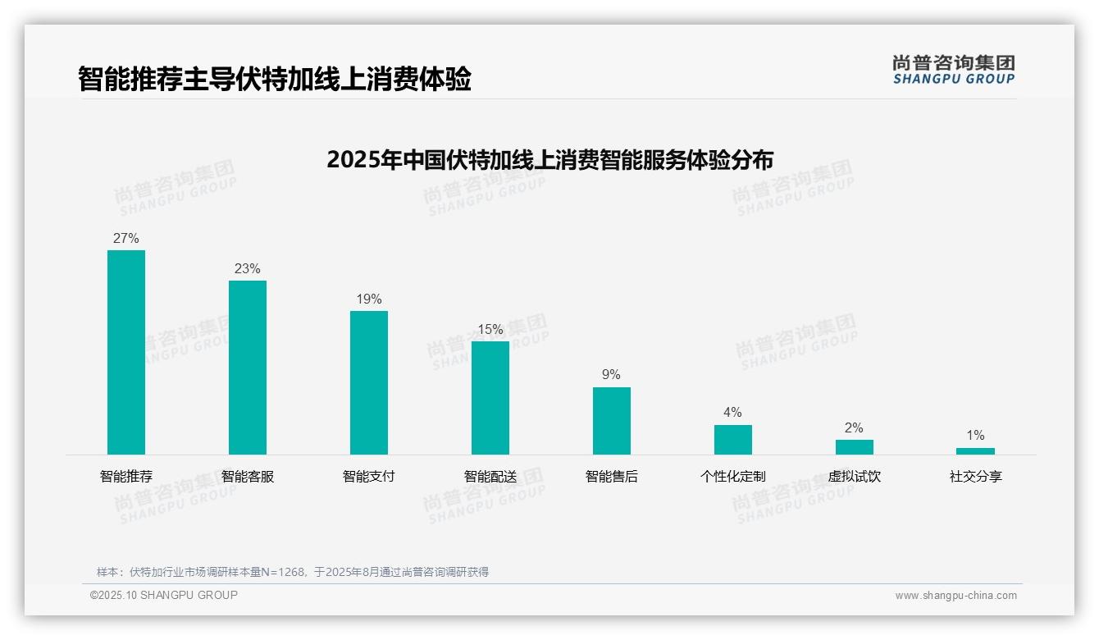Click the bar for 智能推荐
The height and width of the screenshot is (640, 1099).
pos(126,352)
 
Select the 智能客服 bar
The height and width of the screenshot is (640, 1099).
pos(248,367)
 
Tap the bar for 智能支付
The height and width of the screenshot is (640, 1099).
pos(369,382)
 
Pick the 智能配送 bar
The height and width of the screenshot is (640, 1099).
pos(490,397)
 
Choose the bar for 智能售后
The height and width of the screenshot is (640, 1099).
pos(612,420)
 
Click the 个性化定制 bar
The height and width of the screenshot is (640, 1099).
pos(733,439)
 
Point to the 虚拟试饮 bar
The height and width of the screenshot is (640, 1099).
pos(855,447)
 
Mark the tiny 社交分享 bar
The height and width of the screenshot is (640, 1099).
pos(975,451)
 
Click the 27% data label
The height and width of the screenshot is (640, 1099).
pos(126,239)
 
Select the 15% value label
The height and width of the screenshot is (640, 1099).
pos(490,330)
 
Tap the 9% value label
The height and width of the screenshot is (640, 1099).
pos(612,375)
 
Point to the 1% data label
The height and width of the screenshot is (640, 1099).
pos(975,436)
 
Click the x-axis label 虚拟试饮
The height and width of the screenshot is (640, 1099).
pos(855,477)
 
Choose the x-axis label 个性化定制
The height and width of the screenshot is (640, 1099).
pos(733,477)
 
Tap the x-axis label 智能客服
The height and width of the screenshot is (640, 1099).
pos(248,477)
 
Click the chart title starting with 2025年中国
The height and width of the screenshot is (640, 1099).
pos(549,160)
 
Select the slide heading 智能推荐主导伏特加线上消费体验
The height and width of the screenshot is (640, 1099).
pos(275,80)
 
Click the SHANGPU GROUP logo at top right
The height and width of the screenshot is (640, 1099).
pos(954,70)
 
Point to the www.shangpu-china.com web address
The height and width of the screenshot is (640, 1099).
pos(955,596)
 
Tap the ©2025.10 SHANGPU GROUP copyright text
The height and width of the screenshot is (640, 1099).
pos(164,595)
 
